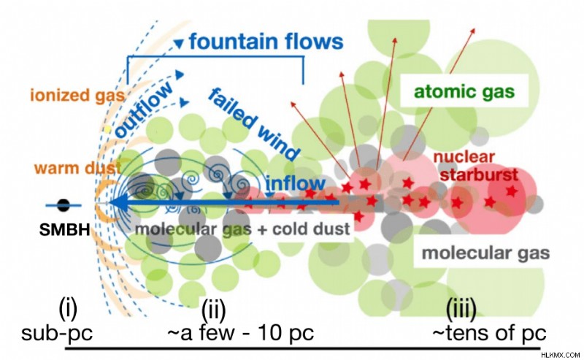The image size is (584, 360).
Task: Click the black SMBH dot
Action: (x=64, y=205)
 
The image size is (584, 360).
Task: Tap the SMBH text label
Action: (x=65, y=229)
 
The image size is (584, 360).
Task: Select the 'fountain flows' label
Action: (x=266, y=41)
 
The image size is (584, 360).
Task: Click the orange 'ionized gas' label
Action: (x=77, y=96)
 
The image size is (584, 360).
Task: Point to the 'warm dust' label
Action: (x=77, y=168)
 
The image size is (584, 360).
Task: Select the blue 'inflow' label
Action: (x=296, y=183)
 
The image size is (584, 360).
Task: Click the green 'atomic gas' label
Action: (x=464, y=91)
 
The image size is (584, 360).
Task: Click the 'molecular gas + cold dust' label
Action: (x=242, y=229)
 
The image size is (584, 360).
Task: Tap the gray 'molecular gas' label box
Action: (x=485, y=253)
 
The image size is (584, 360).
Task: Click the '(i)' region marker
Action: (x=68, y=310)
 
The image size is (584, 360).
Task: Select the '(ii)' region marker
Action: (x=213, y=310)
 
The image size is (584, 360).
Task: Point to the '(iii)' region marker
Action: (x=461, y=310)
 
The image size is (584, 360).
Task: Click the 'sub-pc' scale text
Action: (x=57, y=333)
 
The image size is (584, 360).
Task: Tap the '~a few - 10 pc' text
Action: (x=241, y=332)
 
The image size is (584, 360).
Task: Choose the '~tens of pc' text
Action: (x=489, y=332)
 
